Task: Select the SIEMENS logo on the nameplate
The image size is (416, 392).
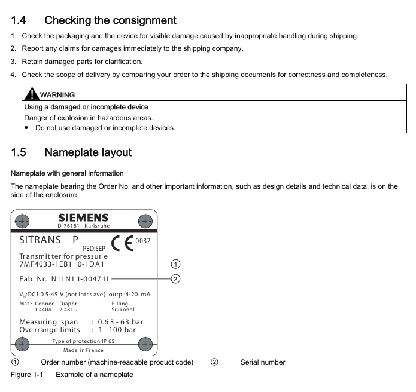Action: tap(83, 218)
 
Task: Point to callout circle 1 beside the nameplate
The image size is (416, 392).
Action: tap(175, 264)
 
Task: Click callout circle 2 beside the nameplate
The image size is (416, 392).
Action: tap(175, 278)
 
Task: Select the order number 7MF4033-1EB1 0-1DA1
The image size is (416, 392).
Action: tap(62, 264)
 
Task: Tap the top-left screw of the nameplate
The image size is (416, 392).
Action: tap(22, 221)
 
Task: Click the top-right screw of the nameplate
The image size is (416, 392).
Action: tap(145, 221)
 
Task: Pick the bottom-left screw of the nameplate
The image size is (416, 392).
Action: tap(22, 344)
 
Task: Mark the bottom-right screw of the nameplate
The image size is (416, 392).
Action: tap(145, 344)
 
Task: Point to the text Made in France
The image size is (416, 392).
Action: tap(83, 350)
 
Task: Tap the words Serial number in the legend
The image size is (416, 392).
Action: tap(263, 362)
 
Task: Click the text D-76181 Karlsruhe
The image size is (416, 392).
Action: tap(83, 226)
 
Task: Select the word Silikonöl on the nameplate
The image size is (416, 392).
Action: tap(123, 310)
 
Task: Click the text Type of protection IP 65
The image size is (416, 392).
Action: tap(83, 341)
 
